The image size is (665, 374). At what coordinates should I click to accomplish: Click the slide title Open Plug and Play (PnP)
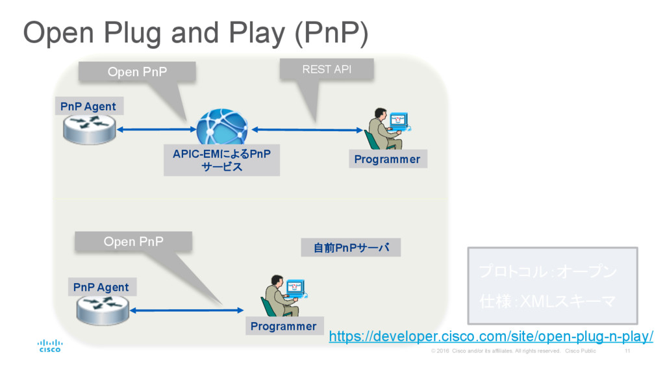click(x=195, y=32)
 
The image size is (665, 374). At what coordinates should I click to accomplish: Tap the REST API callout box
click(x=327, y=69)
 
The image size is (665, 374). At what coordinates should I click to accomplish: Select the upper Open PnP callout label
click(x=137, y=71)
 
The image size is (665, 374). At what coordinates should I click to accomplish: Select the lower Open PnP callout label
click(x=134, y=242)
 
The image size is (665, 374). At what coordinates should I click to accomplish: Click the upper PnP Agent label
click(x=88, y=106)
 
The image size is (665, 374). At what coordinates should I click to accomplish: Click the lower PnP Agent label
click(x=101, y=287)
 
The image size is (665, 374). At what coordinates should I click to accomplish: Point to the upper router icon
click(x=90, y=129)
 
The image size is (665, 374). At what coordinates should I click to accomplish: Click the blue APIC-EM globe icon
click(x=222, y=127)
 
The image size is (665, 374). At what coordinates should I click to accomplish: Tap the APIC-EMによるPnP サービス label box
click(x=221, y=160)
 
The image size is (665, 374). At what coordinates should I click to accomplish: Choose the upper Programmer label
click(x=387, y=159)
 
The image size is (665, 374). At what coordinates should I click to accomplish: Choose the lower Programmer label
click(x=283, y=326)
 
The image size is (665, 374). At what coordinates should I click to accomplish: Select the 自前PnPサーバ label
click(x=351, y=247)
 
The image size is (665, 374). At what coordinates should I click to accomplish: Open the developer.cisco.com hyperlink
click(x=491, y=336)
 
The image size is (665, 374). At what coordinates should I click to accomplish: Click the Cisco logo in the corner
click(x=50, y=345)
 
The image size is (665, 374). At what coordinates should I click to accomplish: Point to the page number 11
click(x=627, y=351)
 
